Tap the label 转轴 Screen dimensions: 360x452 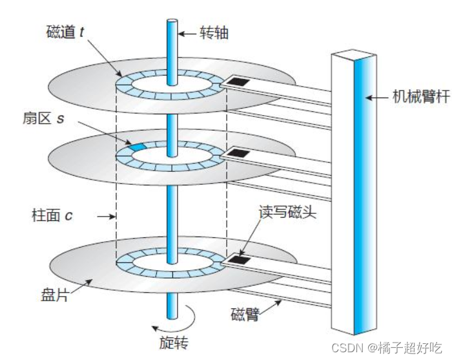point(212,34)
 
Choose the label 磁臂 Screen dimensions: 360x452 point(245,315)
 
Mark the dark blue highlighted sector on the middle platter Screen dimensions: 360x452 point(137,148)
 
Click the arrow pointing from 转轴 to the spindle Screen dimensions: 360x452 point(188,34)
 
